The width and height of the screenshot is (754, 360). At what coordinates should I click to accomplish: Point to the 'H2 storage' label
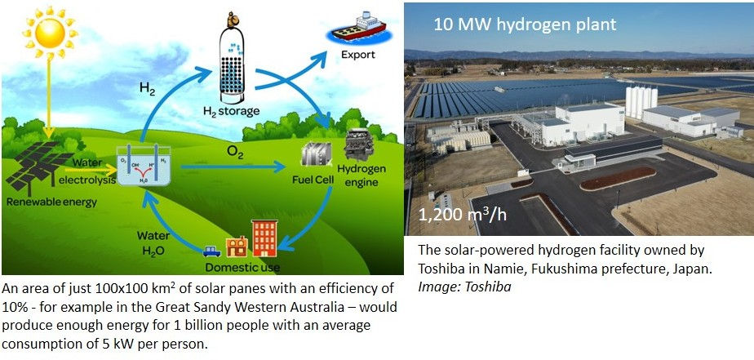(x=231, y=111)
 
